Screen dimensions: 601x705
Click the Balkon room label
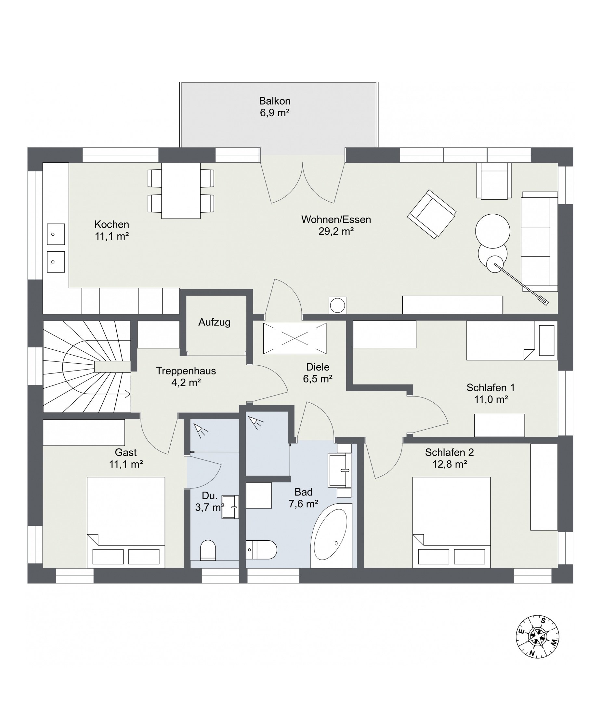274,101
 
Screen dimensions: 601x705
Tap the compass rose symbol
537,636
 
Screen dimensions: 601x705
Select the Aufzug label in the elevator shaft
214,322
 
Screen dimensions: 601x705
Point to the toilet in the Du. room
208,550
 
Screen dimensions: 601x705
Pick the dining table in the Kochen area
181,191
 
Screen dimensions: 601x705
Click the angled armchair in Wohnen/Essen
432,214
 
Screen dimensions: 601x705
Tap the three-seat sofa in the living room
539,242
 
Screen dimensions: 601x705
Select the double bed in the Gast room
126,522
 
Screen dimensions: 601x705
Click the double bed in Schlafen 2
451,522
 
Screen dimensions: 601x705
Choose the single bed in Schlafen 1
512,340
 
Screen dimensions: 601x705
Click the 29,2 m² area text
336,231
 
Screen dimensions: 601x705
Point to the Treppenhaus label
186,371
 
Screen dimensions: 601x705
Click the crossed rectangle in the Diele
295,338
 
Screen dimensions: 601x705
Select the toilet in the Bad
261,549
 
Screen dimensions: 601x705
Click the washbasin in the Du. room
230,507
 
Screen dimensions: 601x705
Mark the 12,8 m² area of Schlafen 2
450,464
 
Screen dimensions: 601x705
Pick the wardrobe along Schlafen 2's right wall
544,487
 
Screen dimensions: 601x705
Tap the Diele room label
318,367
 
